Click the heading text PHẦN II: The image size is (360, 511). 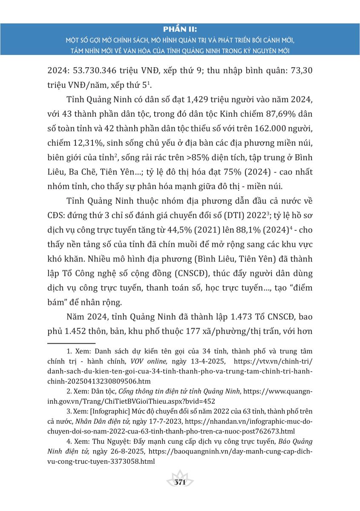click(180, 29)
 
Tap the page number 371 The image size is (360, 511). click(180, 482)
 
